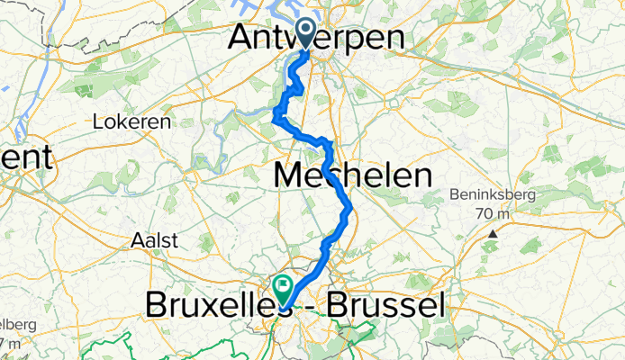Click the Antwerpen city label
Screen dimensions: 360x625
(x=328, y=38)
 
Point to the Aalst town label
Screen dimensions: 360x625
(x=155, y=240)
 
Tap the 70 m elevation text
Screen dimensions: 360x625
(x=494, y=214)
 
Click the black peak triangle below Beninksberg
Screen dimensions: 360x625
(x=493, y=234)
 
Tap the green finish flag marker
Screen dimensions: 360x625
(x=284, y=288)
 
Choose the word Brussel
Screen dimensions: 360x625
(x=388, y=307)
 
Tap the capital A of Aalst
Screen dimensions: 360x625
(x=137, y=240)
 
